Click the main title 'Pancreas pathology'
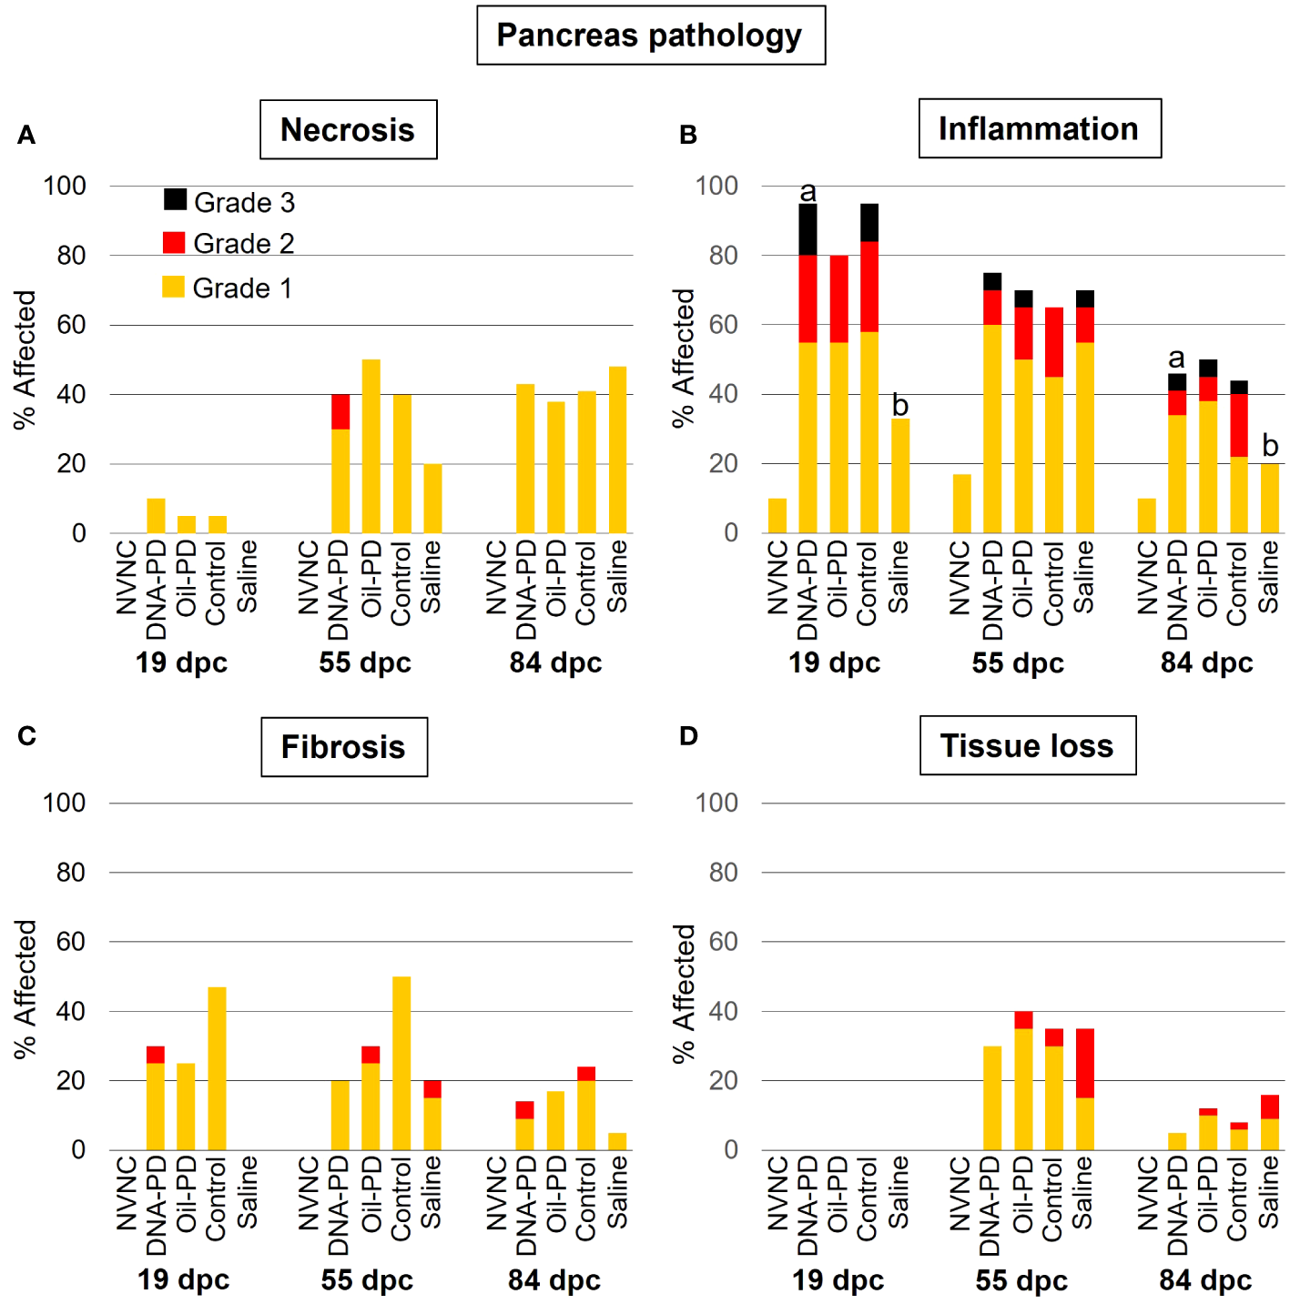tap(650, 35)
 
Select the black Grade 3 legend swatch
tap(175, 199)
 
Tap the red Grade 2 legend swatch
tap(174, 242)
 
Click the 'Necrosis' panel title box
tap(348, 130)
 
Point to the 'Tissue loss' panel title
tap(1027, 746)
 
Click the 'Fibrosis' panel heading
tap(343, 747)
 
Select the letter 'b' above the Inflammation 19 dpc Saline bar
tap(900, 404)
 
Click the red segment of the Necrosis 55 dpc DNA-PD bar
tap(340, 411)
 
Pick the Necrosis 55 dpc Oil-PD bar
tap(371, 446)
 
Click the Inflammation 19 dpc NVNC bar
tap(777, 515)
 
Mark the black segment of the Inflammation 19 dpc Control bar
tap(869, 222)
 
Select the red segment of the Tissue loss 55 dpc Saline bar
tap(1084, 1063)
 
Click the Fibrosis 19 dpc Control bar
tap(217, 1068)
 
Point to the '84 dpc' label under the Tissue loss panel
tap(1205, 1280)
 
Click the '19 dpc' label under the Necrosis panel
tap(181, 662)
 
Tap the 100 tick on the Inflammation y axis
tap(716, 186)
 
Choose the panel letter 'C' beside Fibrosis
tap(26, 735)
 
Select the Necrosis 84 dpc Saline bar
tap(617, 450)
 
